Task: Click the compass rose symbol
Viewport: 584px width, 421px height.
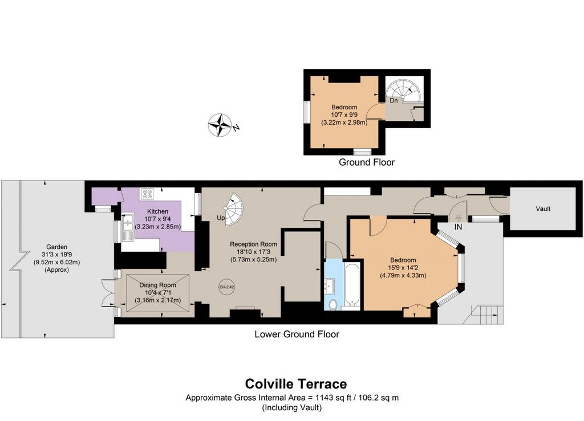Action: click(x=220, y=125)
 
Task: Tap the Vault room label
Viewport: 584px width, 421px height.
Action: click(x=543, y=209)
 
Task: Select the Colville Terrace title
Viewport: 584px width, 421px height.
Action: click(x=296, y=383)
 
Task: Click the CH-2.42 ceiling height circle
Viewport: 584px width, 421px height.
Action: click(x=227, y=287)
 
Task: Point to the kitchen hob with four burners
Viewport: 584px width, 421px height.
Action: click(x=148, y=193)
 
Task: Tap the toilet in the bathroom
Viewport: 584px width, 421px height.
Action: click(x=333, y=304)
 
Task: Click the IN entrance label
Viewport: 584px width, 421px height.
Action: click(x=458, y=227)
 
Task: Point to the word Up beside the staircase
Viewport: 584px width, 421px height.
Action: click(x=221, y=218)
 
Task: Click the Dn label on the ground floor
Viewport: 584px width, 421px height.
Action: click(x=394, y=100)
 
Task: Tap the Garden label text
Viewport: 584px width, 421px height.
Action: click(x=56, y=247)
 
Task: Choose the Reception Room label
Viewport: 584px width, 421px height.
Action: click(x=253, y=244)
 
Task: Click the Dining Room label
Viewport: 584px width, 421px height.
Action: click(x=157, y=285)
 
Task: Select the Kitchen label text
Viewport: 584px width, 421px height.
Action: click(x=157, y=211)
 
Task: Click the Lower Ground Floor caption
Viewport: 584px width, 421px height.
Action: click(x=297, y=334)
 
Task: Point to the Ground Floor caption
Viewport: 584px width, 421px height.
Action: click(x=367, y=162)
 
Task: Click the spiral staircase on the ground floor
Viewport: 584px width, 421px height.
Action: click(x=404, y=91)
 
